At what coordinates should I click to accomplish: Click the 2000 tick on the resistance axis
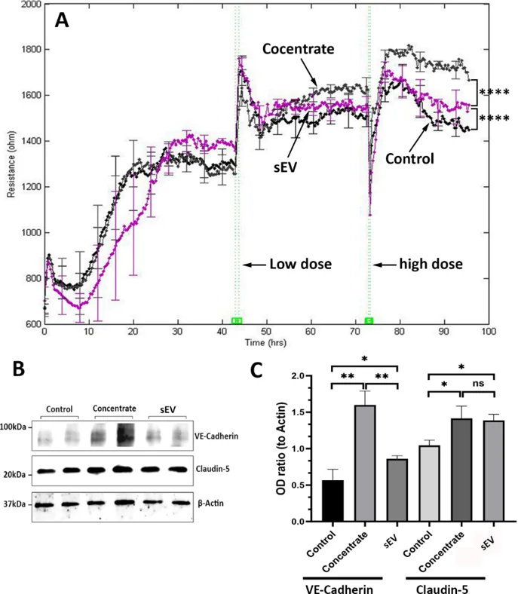click(30, 5)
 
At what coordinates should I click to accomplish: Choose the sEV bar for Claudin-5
click(493, 470)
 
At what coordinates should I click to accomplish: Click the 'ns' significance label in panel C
click(477, 384)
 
